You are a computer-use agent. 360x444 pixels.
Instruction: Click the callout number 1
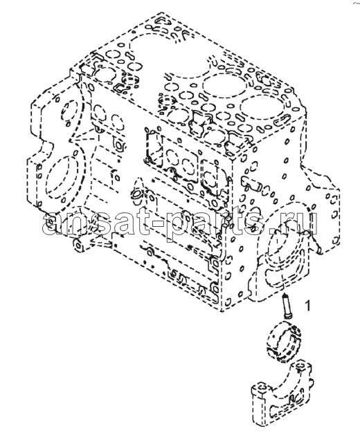tap(307, 306)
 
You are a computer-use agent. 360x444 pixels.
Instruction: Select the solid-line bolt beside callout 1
tap(285, 306)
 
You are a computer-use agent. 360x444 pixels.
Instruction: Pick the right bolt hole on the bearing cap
tap(300, 366)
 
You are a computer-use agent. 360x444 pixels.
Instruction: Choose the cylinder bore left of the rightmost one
tap(226, 84)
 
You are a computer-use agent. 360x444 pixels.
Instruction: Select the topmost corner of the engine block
tap(161, 12)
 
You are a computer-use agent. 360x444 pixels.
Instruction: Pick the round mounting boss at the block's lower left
tap(79, 244)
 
